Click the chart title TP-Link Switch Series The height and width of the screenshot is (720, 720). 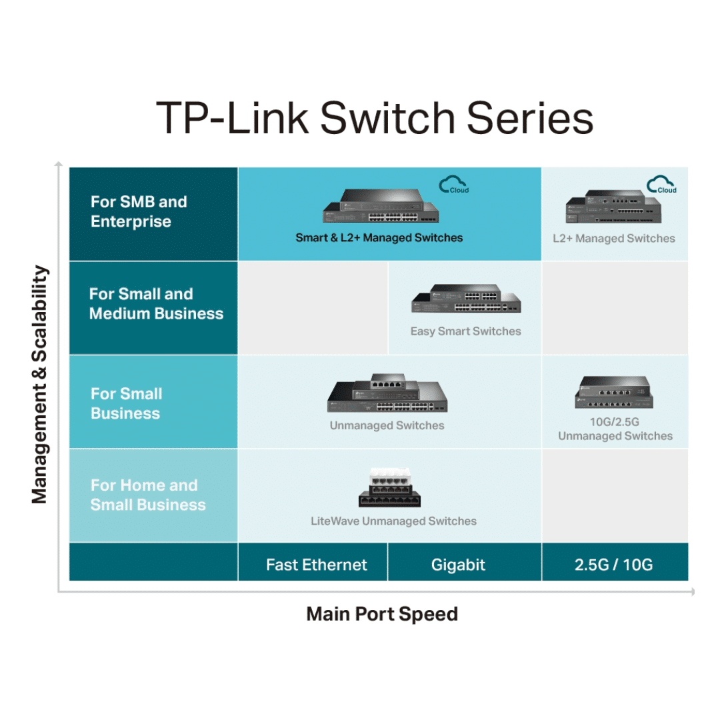[x=374, y=118]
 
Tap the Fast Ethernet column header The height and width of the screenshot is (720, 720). [x=316, y=565]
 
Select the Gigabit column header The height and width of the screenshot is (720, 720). [x=458, y=565]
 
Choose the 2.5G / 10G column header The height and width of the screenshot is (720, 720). [x=613, y=565]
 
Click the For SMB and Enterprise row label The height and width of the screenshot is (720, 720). [x=139, y=211]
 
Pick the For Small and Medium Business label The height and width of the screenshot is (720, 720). [x=156, y=303]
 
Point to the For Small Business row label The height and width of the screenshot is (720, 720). [x=126, y=403]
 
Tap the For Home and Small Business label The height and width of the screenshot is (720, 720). [x=148, y=495]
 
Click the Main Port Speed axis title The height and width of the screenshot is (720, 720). [x=382, y=614]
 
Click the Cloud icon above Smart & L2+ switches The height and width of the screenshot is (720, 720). [x=454, y=185]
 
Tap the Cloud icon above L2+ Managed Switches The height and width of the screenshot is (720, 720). [x=662, y=185]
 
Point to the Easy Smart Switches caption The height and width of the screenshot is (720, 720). [x=465, y=331]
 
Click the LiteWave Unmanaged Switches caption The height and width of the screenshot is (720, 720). [x=393, y=521]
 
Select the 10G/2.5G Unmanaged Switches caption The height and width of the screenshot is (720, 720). [x=615, y=429]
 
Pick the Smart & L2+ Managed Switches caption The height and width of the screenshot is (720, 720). [x=379, y=237]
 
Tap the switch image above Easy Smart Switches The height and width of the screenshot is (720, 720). [x=466, y=299]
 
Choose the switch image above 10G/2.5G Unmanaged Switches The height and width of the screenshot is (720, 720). [x=614, y=393]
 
